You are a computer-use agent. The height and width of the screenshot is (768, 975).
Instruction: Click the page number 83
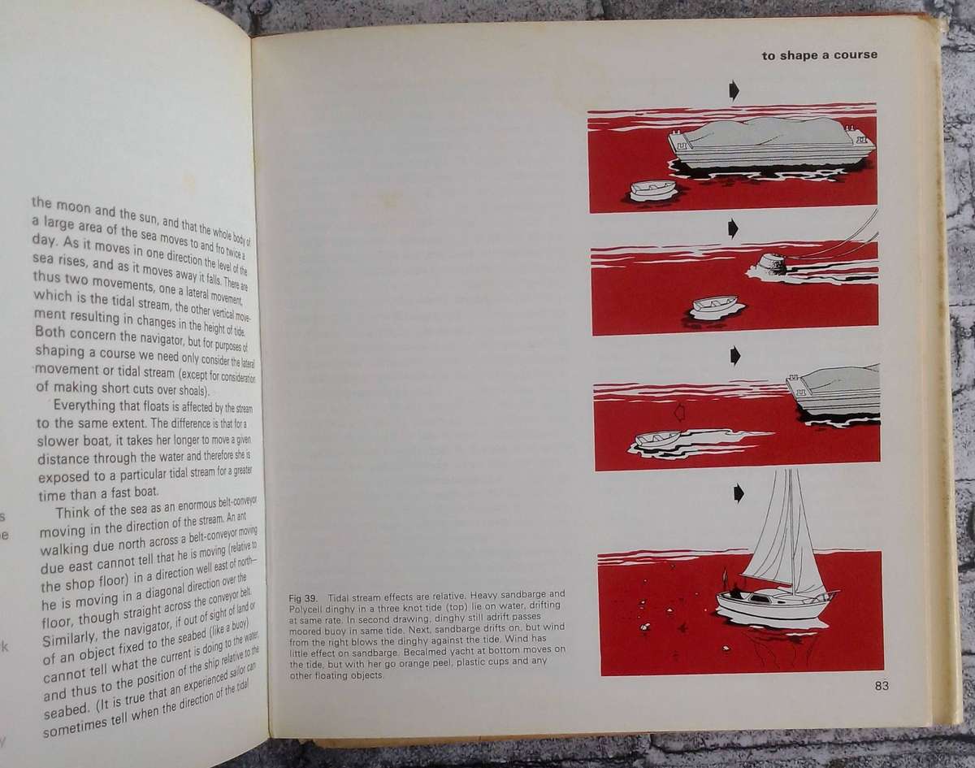tap(882, 686)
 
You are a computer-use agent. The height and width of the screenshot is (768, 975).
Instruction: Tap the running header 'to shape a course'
tap(819, 55)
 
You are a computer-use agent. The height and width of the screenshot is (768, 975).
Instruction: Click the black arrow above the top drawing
tap(734, 90)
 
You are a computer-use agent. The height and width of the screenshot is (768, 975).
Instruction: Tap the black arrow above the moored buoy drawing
tap(733, 228)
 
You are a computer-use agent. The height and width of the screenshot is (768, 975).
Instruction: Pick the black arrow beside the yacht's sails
tap(738, 492)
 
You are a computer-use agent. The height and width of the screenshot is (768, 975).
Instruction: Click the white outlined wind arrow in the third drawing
tap(680, 413)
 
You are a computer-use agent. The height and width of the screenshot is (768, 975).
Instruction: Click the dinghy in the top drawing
tap(654, 190)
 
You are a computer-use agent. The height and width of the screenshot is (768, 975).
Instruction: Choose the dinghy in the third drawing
tap(657, 439)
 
